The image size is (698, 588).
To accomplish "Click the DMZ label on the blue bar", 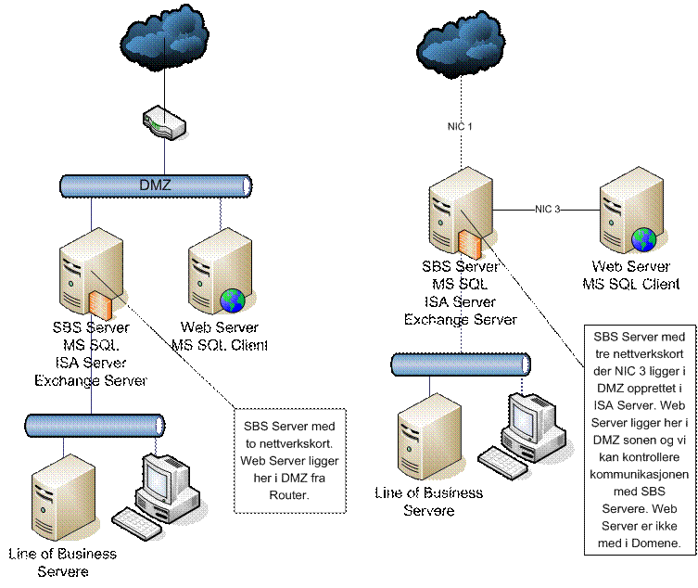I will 156,186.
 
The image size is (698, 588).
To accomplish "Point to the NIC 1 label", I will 460,127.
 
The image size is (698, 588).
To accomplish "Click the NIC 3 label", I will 547,210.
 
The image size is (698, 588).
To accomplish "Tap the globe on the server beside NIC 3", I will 643,240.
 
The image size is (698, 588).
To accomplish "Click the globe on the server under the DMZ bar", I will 233,300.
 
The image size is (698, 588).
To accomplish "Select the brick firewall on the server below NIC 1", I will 470,246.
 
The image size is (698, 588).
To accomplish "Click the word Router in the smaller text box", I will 290,495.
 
